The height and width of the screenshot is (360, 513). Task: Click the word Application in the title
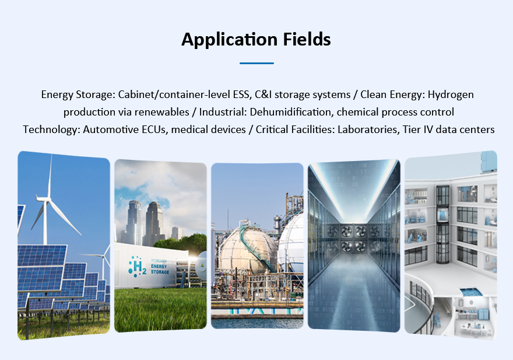[229, 40]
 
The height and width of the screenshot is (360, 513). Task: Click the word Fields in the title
[307, 39]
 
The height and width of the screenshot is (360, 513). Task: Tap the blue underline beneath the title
[256, 63]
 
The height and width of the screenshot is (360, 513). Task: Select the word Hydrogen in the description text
[451, 95]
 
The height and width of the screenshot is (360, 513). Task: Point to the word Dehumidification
[291, 112]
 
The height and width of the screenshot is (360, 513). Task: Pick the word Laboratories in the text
[368, 130]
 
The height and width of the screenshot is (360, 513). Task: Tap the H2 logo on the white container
[138, 266]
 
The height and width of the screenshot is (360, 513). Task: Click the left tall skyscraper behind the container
[134, 223]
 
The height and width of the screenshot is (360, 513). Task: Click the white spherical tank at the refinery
[291, 244]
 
